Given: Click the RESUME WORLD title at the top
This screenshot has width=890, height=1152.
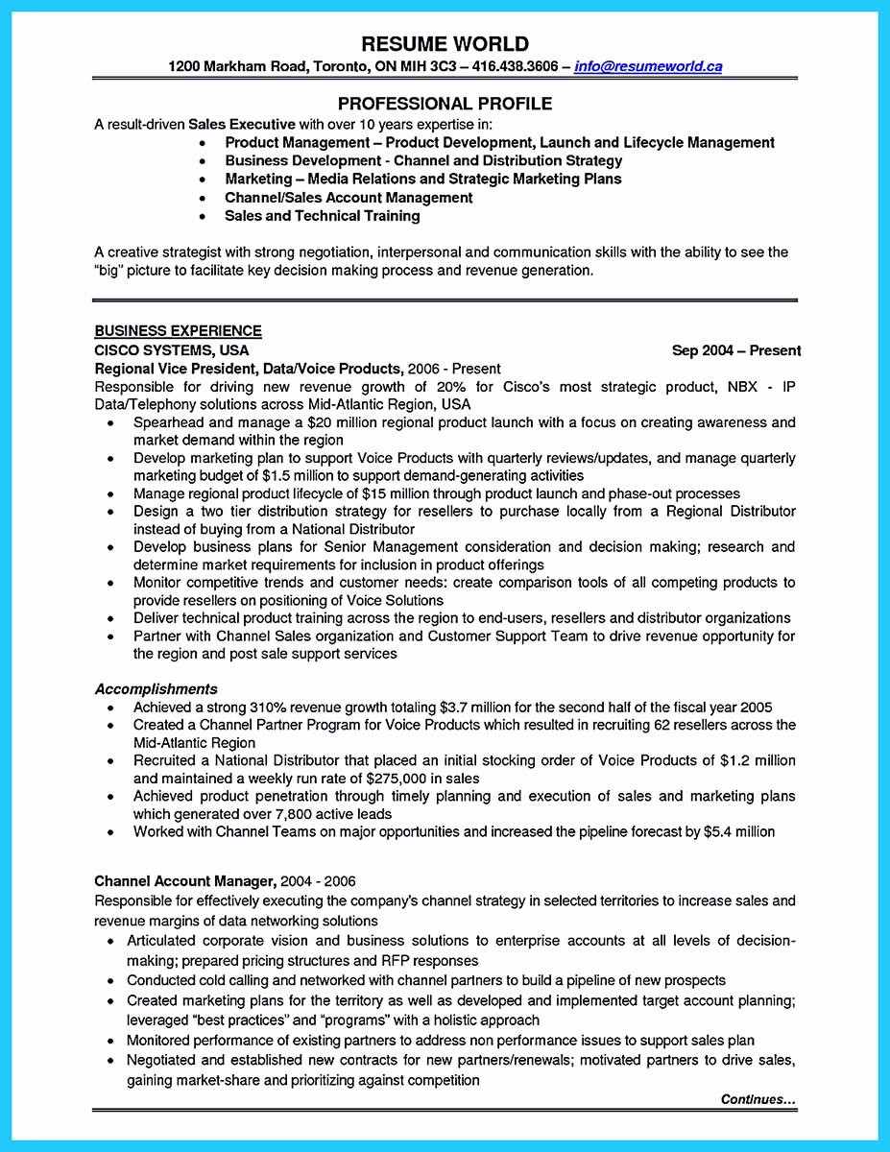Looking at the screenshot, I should coord(445,44).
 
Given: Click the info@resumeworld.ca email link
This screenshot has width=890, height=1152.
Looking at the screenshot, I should coord(648,67).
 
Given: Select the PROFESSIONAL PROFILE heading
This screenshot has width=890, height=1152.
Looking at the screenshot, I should coord(445,104).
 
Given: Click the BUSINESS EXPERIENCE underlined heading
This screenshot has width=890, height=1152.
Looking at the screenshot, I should coord(178,331).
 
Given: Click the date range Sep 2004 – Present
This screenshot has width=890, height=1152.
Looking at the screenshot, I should coord(736,350).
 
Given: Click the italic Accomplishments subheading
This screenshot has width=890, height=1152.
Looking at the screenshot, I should coord(156,688).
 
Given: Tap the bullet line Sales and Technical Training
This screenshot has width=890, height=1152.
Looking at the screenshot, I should coord(322,216).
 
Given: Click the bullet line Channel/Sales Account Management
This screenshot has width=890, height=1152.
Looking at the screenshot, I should coord(349,198).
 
